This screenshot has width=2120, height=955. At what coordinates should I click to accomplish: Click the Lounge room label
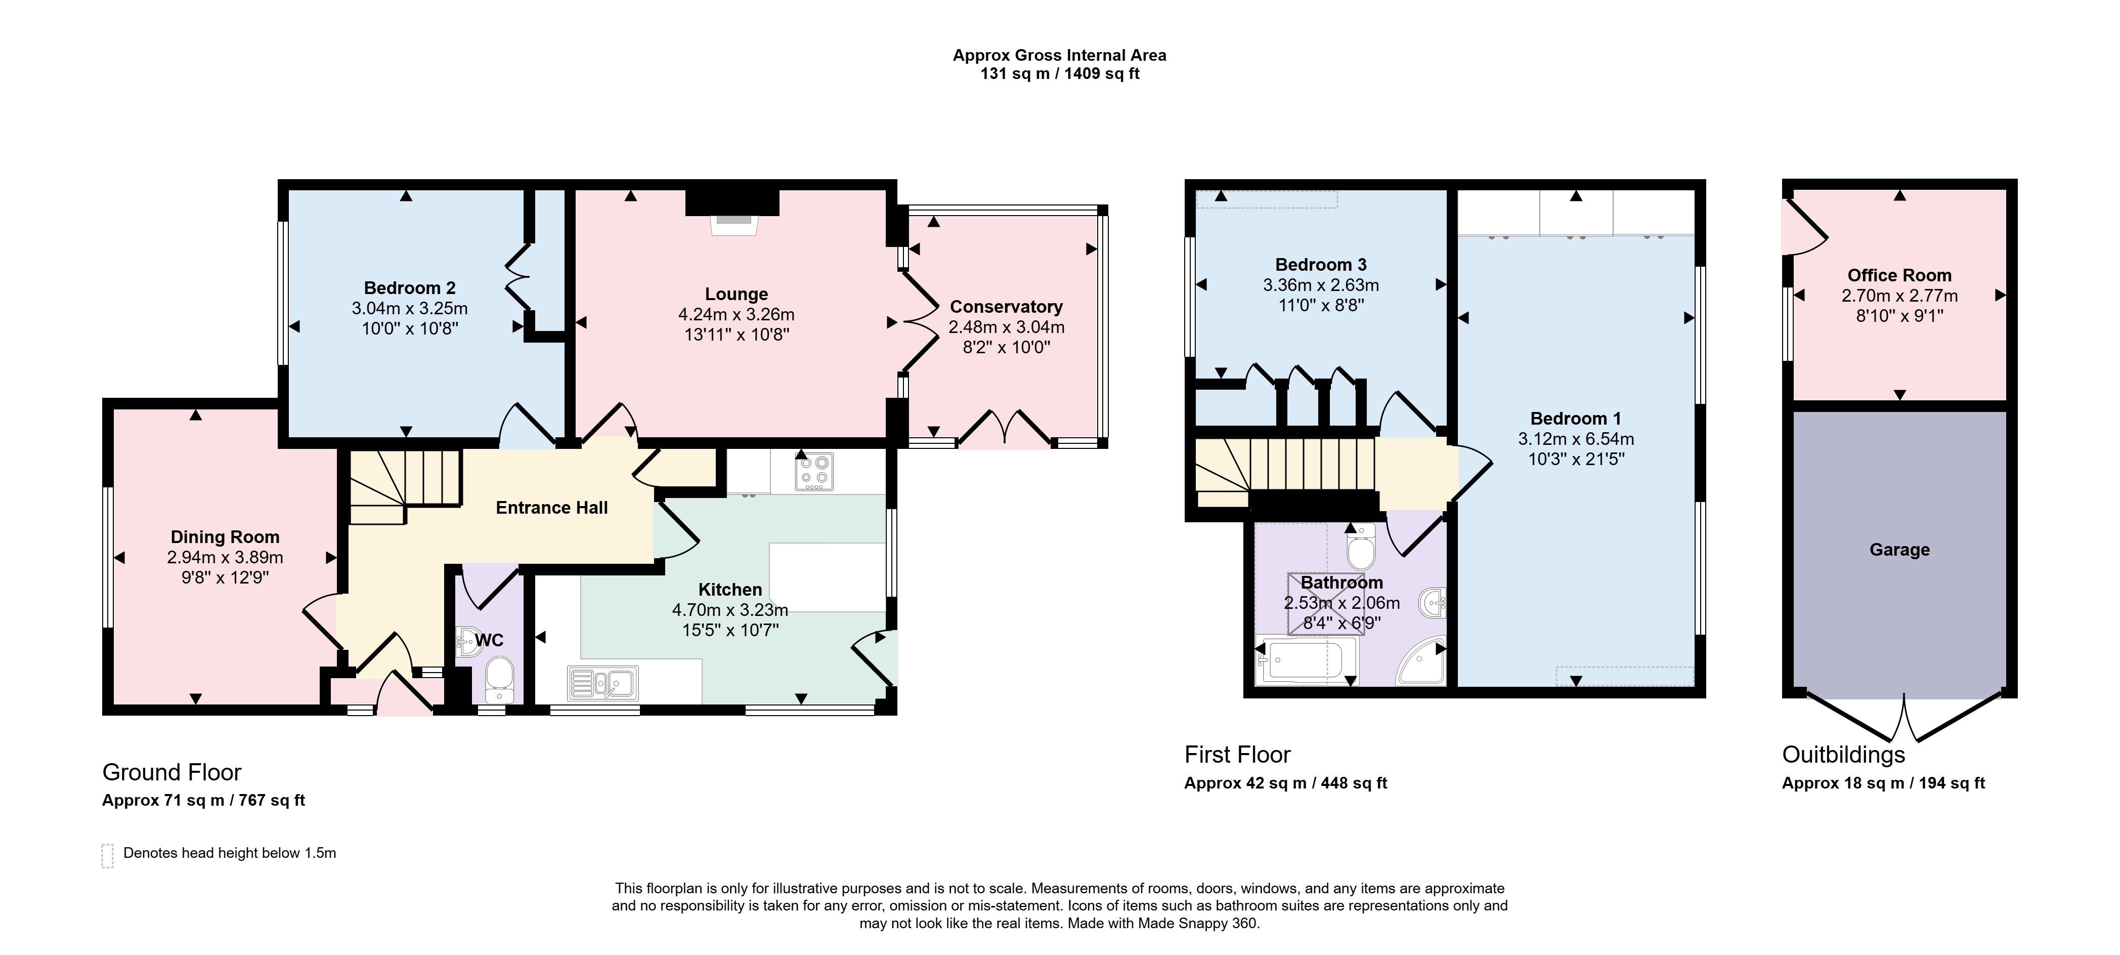coord(737,294)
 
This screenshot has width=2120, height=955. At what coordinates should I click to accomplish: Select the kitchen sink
coord(602,683)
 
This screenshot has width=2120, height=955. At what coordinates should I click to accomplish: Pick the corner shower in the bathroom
coord(1421,663)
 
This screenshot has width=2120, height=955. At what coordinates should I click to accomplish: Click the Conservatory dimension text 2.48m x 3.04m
coord(1007,327)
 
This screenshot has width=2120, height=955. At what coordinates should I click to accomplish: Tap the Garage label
coord(1899,550)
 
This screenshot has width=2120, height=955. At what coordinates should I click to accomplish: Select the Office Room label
coord(1899,275)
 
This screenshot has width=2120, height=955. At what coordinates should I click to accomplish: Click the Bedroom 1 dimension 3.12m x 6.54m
coord(1576,439)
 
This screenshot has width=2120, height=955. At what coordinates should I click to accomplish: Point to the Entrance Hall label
coord(551,508)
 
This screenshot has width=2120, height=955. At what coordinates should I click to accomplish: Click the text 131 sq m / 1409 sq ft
coord(1060,74)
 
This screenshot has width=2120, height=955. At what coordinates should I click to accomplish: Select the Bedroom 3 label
coord(1321,264)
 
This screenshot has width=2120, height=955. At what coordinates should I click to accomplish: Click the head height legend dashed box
coord(107,855)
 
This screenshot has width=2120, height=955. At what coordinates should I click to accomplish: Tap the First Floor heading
coord(1237,755)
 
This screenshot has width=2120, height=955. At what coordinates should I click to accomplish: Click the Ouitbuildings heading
coord(1843,755)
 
